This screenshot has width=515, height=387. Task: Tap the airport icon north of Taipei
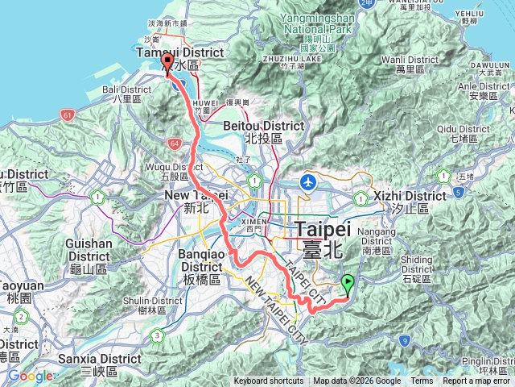[x=307, y=182]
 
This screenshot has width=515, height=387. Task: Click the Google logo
[x=30, y=376]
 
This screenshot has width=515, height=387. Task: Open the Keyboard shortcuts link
[x=269, y=381]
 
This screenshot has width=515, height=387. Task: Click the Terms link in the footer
[x=422, y=381]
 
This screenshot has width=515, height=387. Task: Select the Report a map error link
[x=476, y=381]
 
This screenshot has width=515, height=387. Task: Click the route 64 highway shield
[x=174, y=144]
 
